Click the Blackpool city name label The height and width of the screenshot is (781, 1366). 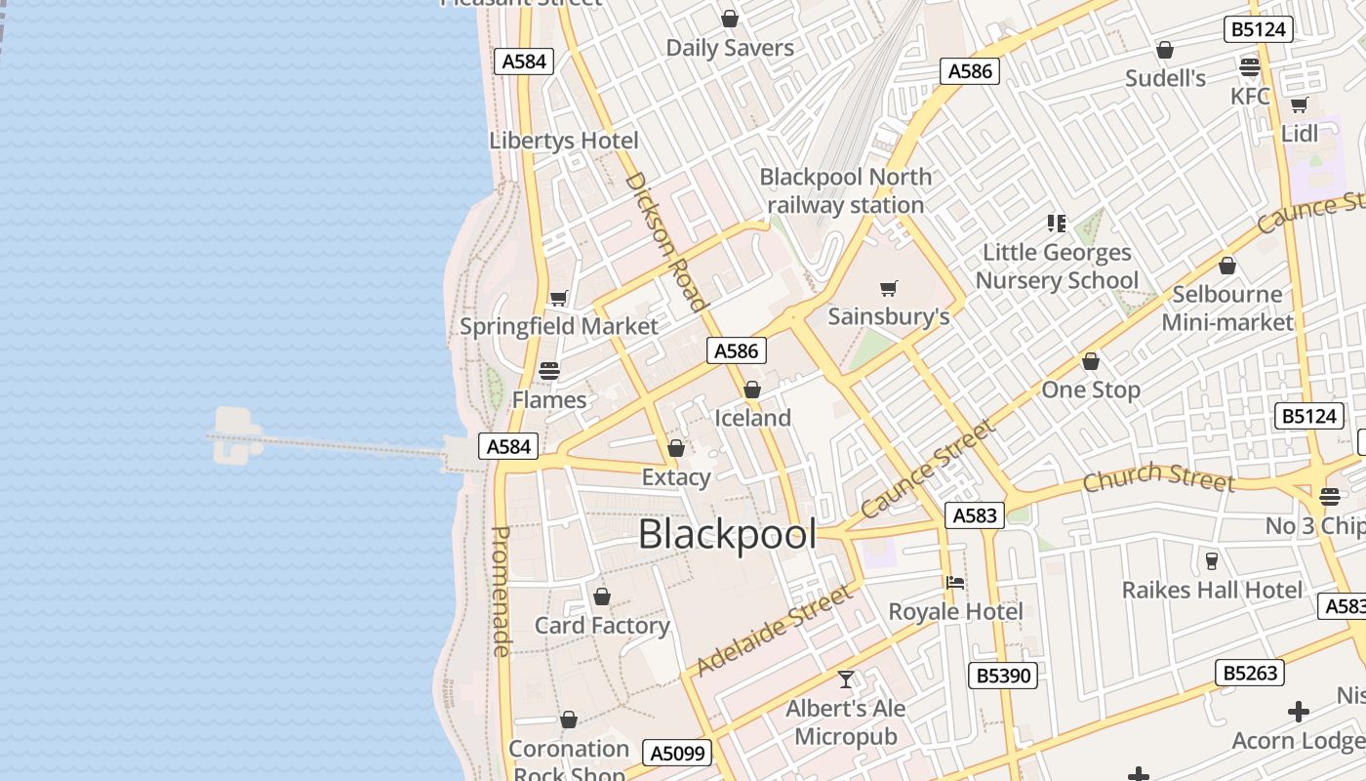(727, 535)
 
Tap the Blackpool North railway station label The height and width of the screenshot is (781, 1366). (845, 191)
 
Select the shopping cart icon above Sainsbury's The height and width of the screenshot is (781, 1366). (888, 288)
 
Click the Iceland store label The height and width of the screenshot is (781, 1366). (752, 418)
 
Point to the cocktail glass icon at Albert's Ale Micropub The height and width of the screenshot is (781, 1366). (846, 678)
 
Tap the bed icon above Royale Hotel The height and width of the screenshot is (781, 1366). (955, 583)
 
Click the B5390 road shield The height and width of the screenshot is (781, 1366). (1002, 675)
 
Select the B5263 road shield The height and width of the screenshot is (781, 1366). (1249, 673)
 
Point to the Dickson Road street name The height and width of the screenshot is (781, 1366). (665, 241)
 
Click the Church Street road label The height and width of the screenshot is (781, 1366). (1158, 477)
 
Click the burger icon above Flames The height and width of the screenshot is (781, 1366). (549, 371)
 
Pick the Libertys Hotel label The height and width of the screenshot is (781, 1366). (564, 140)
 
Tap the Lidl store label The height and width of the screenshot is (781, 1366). (1299, 133)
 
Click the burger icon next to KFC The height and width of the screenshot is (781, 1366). (1250, 66)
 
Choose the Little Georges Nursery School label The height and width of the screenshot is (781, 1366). (1057, 267)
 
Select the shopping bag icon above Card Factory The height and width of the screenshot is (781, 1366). (602, 596)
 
